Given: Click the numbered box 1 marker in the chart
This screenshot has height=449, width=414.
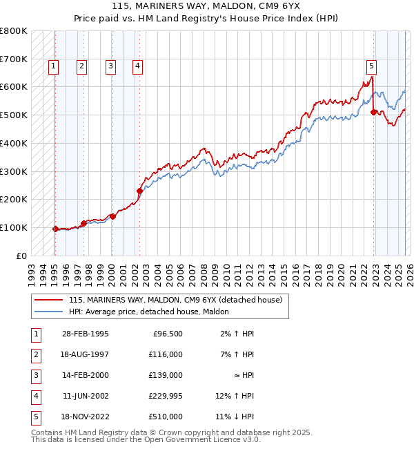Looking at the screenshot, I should tap(53, 66).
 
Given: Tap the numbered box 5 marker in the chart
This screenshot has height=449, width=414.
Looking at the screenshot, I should tap(371, 66).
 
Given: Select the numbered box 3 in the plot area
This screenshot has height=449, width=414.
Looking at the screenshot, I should tap(110, 66).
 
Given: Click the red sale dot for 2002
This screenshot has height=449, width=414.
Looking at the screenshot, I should tap(139, 191).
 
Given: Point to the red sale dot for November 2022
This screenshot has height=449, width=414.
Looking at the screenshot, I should tap(373, 112).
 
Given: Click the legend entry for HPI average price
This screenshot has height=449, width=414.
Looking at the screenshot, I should tap(153, 312).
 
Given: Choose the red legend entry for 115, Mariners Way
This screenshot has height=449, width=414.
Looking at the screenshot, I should tap(175, 300).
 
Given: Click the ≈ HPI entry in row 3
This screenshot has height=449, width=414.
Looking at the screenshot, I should tap(241, 376).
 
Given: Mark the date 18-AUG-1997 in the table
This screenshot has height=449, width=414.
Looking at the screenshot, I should tap(86, 355).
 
